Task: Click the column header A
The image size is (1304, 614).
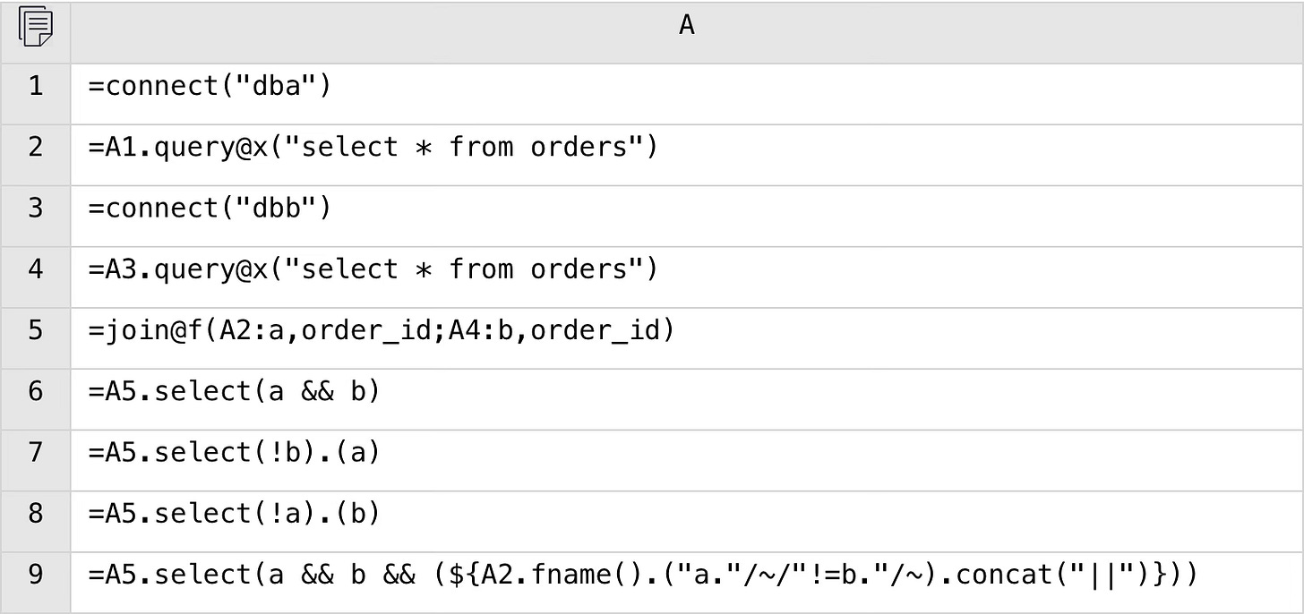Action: (686, 26)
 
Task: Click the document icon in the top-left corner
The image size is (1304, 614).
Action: (35, 27)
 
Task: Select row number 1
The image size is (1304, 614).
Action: (35, 87)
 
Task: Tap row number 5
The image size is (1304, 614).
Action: (35, 330)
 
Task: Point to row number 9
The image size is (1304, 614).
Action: (35, 574)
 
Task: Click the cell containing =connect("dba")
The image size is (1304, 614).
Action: (210, 87)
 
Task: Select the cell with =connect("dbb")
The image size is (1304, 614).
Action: (210, 209)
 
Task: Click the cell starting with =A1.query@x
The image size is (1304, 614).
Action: (373, 148)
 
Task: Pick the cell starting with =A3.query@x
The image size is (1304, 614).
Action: (373, 269)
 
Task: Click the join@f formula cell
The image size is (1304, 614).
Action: (381, 330)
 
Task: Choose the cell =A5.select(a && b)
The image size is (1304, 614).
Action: (234, 391)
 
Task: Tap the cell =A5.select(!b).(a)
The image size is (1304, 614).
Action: (234, 452)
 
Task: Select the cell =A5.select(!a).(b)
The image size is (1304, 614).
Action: (234, 513)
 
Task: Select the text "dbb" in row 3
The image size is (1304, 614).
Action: (274, 209)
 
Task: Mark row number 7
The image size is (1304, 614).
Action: (35, 452)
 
